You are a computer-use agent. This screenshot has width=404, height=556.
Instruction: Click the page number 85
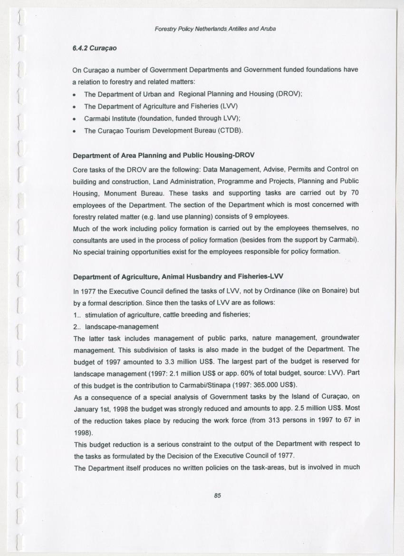pyautogui.click(x=218, y=495)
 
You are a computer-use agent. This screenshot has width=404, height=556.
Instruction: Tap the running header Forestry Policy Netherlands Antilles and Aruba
pyautogui.click(x=215, y=29)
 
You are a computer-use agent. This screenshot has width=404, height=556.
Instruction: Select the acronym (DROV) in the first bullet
pyautogui.click(x=289, y=94)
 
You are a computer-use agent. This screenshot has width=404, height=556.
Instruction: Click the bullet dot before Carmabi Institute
pyautogui.click(x=75, y=118)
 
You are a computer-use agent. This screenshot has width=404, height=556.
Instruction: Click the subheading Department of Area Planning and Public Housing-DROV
pyautogui.click(x=164, y=156)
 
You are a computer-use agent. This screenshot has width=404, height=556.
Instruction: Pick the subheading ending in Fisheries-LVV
pyautogui.click(x=178, y=277)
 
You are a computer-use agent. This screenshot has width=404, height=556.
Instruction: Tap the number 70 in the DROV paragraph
pyautogui.click(x=354, y=193)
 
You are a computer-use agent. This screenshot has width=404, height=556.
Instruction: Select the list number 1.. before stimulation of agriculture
pyautogui.click(x=77, y=314)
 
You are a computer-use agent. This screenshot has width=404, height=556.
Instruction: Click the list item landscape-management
pyautogui.click(x=121, y=326)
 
